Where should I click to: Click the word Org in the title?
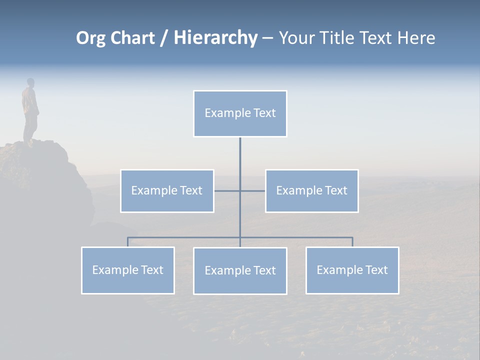click(90, 38)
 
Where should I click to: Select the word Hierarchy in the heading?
click(215, 38)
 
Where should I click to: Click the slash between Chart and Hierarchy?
click(164, 38)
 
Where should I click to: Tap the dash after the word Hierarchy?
click(267, 38)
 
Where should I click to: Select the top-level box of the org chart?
click(240, 113)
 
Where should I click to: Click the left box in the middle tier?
click(167, 191)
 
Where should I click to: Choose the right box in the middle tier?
click(311, 191)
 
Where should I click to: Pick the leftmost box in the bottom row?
click(128, 270)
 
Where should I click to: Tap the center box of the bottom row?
click(240, 271)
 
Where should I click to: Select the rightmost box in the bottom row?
click(352, 270)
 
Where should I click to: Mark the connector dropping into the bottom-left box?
click(128, 242)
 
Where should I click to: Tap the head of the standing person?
click(30, 82)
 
